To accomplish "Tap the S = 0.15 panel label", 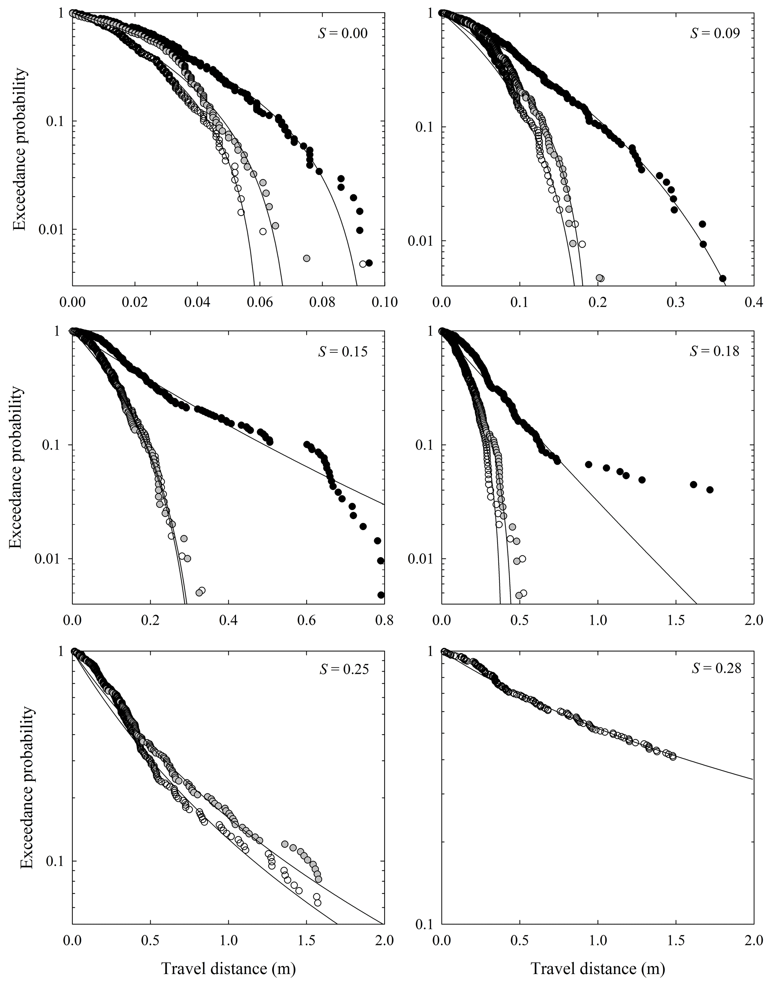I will (x=343, y=351).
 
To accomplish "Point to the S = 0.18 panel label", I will (x=715, y=351).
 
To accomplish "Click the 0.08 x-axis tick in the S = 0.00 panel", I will (x=322, y=302).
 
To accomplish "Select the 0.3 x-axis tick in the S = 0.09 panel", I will (x=676, y=302).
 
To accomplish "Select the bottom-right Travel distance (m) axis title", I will (x=598, y=965).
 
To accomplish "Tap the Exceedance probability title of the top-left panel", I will (x=19, y=149).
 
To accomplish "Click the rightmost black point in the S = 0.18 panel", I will (x=709, y=490).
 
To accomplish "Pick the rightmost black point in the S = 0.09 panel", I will (x=722, y=278).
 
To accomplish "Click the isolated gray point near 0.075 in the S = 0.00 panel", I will (x=306, y=258).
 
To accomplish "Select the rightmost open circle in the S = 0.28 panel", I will (x=673, y=757).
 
